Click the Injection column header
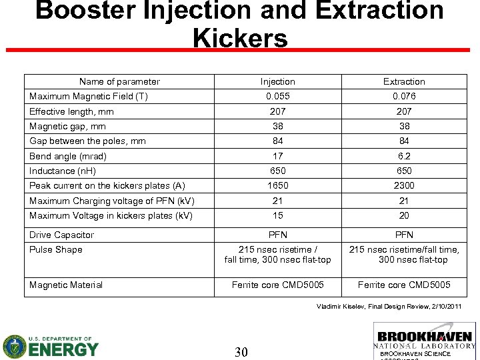click(x=277, y=81)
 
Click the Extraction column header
click(x=404, y=81)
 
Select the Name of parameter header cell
click(x=119, y=81)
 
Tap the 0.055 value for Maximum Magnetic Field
click(x=277, y=96)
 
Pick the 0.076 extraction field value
click(x=404, y=96)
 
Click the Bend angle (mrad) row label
click(x=68, y=156)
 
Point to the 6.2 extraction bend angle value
click(x=404, y=156)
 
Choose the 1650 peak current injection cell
click(x=277, y=185)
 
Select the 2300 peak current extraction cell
click(x=404, y=185)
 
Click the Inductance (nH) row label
click(x=63, y=171)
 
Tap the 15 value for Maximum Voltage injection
click(x=277, y=215)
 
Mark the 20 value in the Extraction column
click(x=404, y=215)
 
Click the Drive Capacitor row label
click(x=62, y=235)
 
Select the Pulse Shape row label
click(x=56, y=249)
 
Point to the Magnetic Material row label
click(x=66, y=285)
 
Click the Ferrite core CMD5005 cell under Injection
click(x=277, y=285)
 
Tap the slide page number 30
click(x=241, y=352)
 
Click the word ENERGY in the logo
click(x=63, y=348)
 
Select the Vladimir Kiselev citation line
click(x=388, y=305)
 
